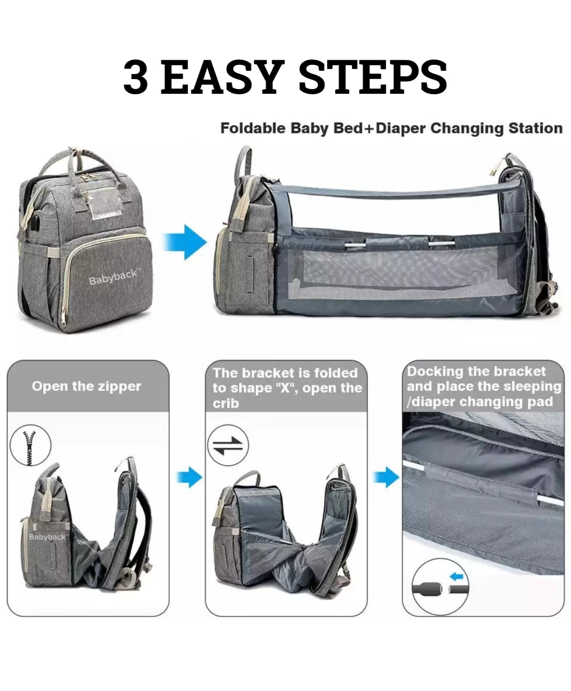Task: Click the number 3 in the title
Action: [135, 77]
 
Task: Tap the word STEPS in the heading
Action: [373, 77]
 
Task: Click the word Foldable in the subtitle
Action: [252, 128]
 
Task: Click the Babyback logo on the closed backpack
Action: [114, 277]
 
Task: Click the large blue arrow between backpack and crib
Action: [185, 241]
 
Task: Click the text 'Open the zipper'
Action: [86, 386]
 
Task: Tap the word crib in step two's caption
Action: [226, 403]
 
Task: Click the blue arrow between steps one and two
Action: [188, 477]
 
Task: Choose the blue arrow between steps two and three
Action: [386, 477]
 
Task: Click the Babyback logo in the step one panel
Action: [47, 537]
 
